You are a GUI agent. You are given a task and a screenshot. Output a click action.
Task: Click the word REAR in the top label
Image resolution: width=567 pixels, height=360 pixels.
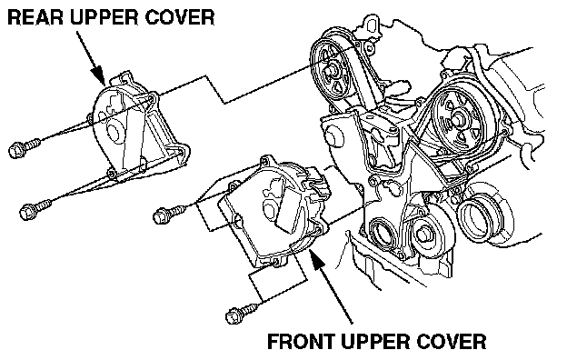pyautogui.click(x=35, y=18)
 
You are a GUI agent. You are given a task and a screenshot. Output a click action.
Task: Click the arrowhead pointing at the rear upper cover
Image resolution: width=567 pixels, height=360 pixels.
pyautogui.click(x=98, y=75)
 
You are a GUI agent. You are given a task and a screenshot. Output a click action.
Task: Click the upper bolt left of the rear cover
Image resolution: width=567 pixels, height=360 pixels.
pyautogui.click(x=24, y=146)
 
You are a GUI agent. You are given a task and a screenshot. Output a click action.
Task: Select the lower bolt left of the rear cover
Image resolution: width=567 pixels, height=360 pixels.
pyautogui.click(x=35, y=209)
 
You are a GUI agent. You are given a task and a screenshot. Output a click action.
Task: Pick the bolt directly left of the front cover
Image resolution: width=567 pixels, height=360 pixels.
pyautogui.click(x=169, y=213)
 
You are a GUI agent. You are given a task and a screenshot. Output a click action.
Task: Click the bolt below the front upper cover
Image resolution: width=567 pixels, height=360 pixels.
pyautogui.click(x=242, y=314)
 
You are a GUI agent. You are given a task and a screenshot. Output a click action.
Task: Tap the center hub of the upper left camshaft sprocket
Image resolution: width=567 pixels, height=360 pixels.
pyautogui.click(x=331, y=71)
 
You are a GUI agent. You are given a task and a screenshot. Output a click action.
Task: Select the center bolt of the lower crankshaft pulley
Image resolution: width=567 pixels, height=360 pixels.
pyautogui.click(x=424, y=235)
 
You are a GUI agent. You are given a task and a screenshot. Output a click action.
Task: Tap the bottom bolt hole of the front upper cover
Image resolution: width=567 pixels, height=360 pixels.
pyautogui.click(x=275, y=262)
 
